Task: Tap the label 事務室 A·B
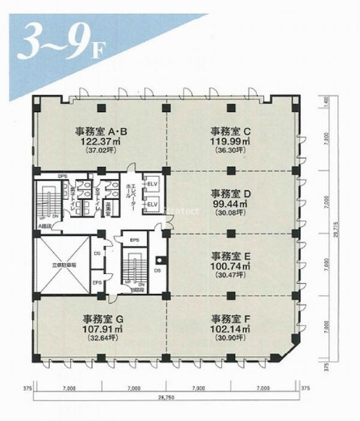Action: [101, 131]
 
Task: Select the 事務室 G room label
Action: [101, 318]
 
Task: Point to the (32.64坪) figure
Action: [101, 339]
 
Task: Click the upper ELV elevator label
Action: [152, 183]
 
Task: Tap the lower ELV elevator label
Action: [152, 204]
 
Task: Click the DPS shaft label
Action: [62, 176]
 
